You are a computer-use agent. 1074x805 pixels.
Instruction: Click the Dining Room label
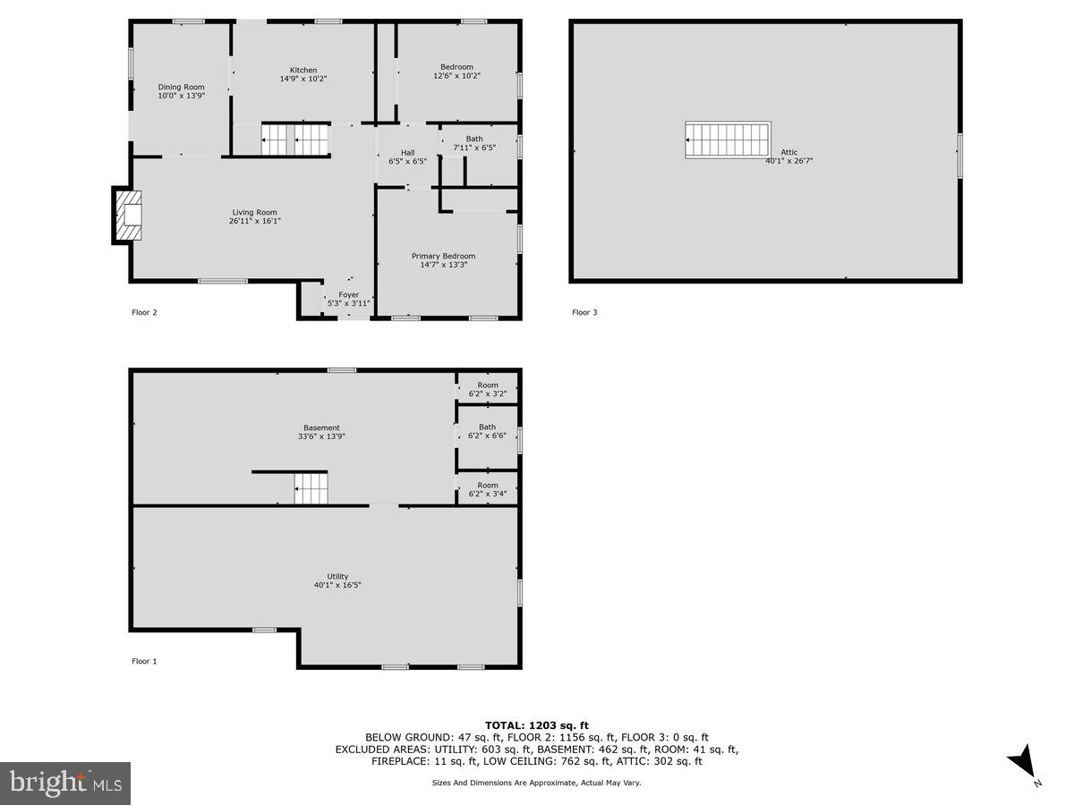(182, 87)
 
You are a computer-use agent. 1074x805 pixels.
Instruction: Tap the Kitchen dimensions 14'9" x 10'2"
(303, 79)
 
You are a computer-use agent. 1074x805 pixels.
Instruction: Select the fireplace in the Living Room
(128, 215)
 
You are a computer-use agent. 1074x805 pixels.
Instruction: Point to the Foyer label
(348, 294)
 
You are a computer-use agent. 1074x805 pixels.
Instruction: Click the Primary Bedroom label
(444, 256)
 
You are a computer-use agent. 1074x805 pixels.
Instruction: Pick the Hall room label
(407, 152)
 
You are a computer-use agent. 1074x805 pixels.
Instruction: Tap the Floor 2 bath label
(473, 139)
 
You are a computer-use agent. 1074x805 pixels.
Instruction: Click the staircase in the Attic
(728, 140)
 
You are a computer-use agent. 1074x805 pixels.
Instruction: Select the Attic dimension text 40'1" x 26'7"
(789, 161)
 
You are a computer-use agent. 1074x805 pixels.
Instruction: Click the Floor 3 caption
(584, 312)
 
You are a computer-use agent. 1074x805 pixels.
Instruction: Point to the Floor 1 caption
(144, 661)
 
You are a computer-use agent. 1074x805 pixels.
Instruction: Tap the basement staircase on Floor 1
(312, 488)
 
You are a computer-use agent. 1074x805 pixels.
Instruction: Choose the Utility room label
(337, 576)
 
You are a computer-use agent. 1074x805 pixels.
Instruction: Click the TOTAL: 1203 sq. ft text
(537, 724)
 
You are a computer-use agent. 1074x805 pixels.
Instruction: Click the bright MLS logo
(65, 783)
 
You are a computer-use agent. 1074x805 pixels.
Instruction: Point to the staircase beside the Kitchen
(296, 140)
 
